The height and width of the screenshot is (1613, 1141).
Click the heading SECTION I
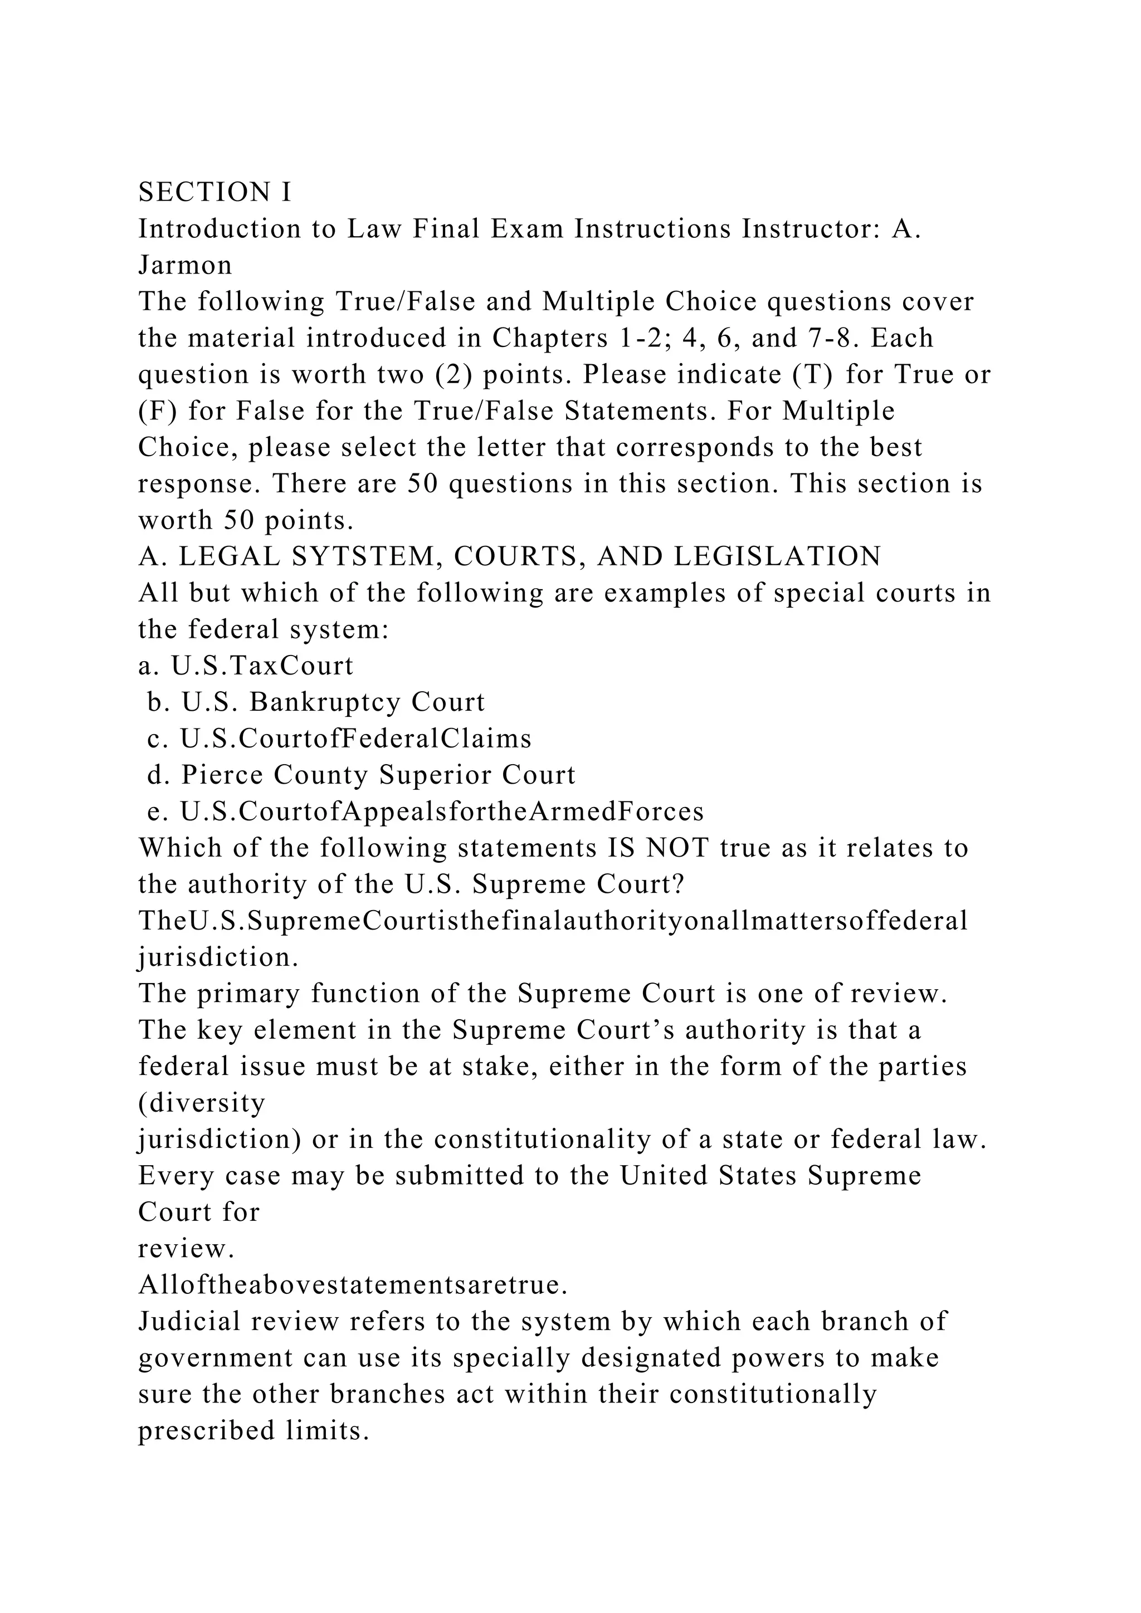214,192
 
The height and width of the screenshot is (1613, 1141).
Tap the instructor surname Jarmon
185,265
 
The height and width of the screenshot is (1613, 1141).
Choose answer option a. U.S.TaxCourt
246,665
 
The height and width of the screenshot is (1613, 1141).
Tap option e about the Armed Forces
425,812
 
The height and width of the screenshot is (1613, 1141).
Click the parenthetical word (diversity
202,1102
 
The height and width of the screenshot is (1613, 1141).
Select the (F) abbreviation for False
158,411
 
